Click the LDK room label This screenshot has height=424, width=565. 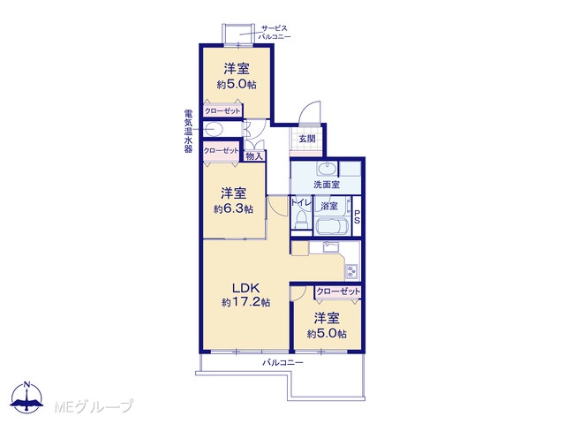tap(245, 288)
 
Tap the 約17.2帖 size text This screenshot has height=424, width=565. tap(245, 302)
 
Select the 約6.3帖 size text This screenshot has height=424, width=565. tap(233, 208)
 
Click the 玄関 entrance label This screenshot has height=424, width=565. tap(307, 139)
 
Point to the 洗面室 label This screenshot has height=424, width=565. tap(327, 185)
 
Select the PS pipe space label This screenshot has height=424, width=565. tap(357, 217)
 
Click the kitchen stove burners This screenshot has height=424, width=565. tap(351, 271)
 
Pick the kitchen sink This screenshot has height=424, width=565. tap(330, 247)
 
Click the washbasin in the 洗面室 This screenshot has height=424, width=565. tap(327, 169)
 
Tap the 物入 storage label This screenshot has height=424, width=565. tap(254, 156)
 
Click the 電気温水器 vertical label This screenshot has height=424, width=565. tap(188, 132)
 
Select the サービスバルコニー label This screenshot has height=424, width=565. tap(275, 33)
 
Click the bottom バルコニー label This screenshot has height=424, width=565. tap(282, 363)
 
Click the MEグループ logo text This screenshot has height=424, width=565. tap(94, 406)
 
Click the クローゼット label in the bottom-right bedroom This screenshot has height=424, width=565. tap(338, 291)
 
